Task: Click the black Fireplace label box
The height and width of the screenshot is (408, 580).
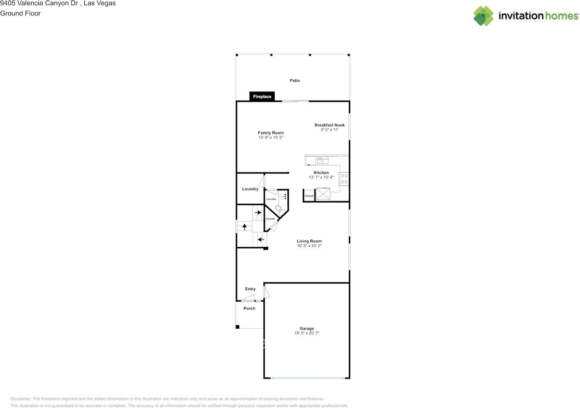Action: (262, 96)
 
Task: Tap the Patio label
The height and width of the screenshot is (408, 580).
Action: (295, 81)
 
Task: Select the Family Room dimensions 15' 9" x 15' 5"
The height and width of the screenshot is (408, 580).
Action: (271, 138)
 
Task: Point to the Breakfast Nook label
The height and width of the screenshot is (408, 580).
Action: (329, 125)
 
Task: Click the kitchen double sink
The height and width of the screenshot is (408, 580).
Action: (322, 159)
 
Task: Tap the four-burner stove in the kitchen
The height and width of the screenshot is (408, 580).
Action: (344, 179)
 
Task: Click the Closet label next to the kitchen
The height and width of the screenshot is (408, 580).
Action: (309, 196)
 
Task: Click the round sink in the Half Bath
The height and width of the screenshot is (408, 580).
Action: (283, 197)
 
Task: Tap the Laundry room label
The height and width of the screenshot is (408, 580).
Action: (250, 189)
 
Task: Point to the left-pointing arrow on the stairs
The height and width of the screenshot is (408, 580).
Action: (261, 240)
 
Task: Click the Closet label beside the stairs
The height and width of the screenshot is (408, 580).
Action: (270, 219)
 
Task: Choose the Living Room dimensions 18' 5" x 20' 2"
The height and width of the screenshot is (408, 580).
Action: (309, 246)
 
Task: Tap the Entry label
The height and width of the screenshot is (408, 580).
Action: (250, 289)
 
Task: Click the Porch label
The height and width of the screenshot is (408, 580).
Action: (249, 308)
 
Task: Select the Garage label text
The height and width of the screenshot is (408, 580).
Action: (306, 328)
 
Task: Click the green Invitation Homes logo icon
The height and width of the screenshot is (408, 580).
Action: (483, 16)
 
